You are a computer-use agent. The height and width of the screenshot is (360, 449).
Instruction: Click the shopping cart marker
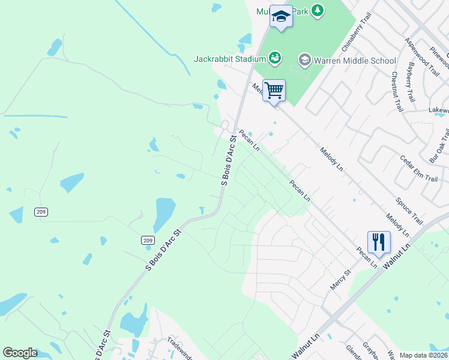point(274,91)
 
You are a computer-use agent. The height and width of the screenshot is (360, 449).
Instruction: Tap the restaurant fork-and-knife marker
point(379,242)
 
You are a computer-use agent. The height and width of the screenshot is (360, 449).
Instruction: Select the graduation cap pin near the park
point(280,16)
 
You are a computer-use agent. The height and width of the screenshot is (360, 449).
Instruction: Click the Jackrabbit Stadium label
point(229,59)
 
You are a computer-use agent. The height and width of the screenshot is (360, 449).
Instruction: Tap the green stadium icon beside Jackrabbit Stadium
point(275,58)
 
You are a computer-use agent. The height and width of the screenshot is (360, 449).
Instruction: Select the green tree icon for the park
point(318,10)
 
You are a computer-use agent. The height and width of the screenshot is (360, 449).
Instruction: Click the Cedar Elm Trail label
point(419,169)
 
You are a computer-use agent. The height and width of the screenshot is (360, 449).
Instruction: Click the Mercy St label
point(340,280)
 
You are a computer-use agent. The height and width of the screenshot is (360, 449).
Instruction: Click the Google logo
point(20,353)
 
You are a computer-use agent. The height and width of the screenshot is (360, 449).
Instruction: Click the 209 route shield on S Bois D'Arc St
point(148,240)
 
